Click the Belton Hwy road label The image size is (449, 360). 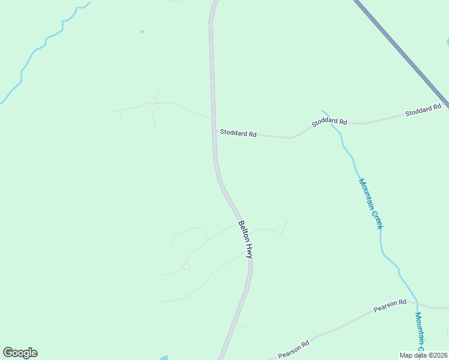point(246,239)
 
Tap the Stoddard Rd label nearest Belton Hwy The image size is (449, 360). point(238,133)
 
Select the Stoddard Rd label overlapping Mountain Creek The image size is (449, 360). point(329,122)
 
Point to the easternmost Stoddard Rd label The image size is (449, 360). point(423,110)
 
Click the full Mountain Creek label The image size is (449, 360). point(370,203)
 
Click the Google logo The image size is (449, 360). point(20,353)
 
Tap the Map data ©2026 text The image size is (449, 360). point(423,355)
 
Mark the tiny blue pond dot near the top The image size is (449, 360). point(142,31)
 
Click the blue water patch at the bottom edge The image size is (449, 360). point(164,358)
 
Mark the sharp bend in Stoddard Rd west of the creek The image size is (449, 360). point(292,138)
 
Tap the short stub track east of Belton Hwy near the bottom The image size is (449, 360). point(241,326)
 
